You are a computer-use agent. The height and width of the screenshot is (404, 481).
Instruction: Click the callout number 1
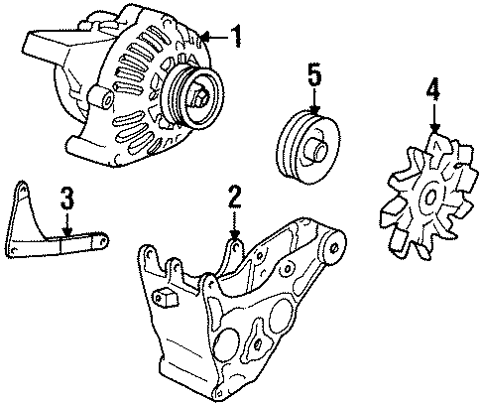pos(235,37)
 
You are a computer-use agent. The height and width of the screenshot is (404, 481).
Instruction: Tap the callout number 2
pos(234,196)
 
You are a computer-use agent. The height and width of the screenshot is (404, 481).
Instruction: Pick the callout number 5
pos(313,72)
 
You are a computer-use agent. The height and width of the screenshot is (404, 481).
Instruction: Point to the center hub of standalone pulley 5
pos(316,149)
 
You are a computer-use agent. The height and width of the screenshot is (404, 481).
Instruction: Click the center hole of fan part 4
pos(429,195)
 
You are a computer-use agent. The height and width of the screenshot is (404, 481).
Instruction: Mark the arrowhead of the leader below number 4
pos(433,131)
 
